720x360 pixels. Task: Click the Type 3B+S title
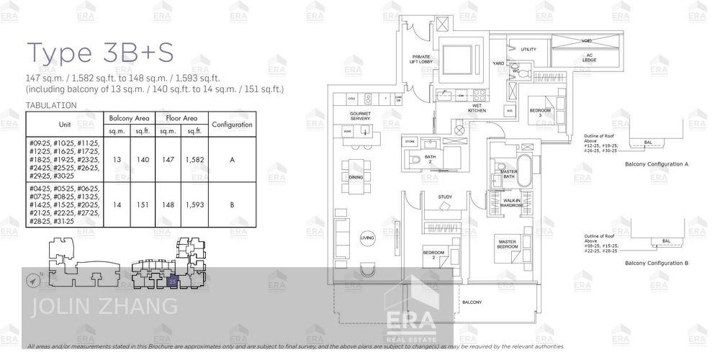tap(99, 52)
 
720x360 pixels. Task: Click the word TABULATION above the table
tap(50, 105)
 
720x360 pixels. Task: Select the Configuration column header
tap(232, 125)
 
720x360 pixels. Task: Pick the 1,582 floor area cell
tap(194, 159)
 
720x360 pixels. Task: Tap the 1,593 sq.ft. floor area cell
tap(194, 204)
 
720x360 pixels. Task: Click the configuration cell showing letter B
tap(232, 204)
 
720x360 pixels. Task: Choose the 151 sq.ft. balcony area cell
tap(143, 204)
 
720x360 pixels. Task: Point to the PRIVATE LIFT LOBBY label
tap(421, 60)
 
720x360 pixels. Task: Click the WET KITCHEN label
tap(477, 109)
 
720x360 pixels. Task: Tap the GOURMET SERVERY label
tap(360, 116)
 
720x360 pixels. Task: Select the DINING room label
tap(356, 176)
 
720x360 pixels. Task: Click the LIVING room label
tap(367, 238)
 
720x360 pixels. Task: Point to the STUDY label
tap(445, 197)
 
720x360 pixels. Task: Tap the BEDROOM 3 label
tap(540, 112)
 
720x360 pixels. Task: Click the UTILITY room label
tap(528, 49)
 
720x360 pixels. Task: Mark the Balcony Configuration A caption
tap(657, 164)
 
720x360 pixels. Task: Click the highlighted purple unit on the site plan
tap(172, 281)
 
